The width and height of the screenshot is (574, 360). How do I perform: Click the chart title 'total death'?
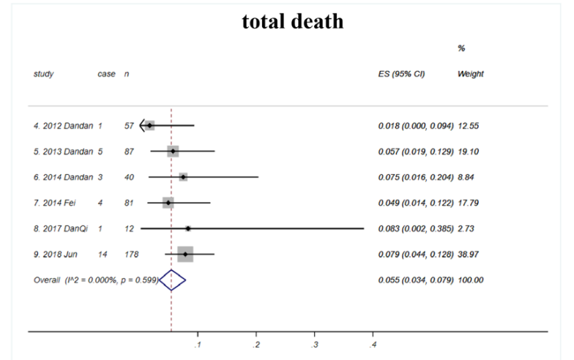(x=292, y=22)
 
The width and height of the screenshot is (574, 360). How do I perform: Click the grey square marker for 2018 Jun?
(x=185, y=255)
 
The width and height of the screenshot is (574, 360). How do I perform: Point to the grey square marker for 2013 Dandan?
(x=173, y=151)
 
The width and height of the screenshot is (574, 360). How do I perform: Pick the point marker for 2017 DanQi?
(x=188, y=228)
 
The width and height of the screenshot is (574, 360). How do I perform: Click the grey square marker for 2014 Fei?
(x=168, y=203)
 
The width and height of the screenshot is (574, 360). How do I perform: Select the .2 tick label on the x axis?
(x=256, y=344)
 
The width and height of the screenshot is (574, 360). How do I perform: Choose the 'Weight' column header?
(x=470, y=75)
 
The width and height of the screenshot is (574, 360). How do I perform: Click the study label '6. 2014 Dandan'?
(x=63, y=177)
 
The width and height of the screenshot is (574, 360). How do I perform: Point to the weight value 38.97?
(x=469, y=255)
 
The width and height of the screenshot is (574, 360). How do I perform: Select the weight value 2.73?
(x=466, y=228)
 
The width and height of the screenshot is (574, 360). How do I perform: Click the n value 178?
(x=131, y=255)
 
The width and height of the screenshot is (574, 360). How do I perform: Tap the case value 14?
(x=103, y=255)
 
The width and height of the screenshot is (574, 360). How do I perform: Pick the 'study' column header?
(x=43, y=75)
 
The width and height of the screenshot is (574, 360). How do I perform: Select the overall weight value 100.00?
(x=471, y=280)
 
